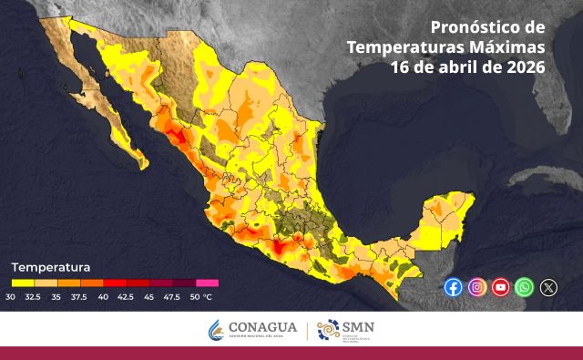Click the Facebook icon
[x=453, y=287]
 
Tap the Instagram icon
[x=476, y=287]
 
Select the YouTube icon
[x=500, y=287]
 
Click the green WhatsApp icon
[x=524, y=287]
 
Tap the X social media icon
[x=547, y=287]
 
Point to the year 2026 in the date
[x=527, y=67]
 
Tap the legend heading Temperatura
[x=50, y=268]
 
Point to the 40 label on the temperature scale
[x=103, y=297]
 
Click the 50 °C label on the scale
[x=200, y=297]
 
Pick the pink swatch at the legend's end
[x=207, y=283]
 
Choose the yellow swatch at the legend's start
[x=21, y=283]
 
